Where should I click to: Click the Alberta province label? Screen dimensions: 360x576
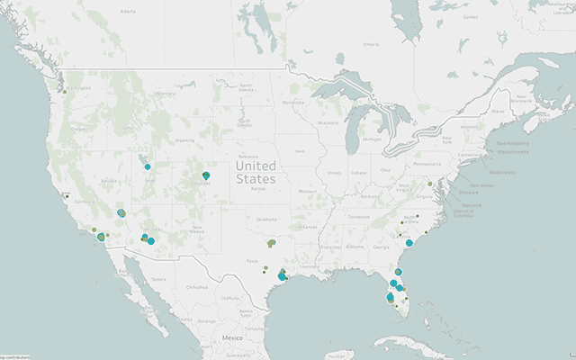click(x=128, y=12)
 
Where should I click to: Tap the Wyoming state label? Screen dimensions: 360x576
click(x=184, y=140)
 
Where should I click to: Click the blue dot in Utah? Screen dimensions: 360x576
click(x=148, y=166)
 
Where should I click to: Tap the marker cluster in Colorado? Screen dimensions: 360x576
click(x=206, y=175)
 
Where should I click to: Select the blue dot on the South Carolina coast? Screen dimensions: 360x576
click(x=409, y=243)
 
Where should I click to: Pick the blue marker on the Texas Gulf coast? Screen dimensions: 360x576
click(x=283, y=276)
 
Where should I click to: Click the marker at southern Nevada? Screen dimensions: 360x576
click(x=121, y=213)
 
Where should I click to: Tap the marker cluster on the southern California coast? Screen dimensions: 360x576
click(x=100, y=238)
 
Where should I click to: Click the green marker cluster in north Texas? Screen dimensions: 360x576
click(x=271, y=243)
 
